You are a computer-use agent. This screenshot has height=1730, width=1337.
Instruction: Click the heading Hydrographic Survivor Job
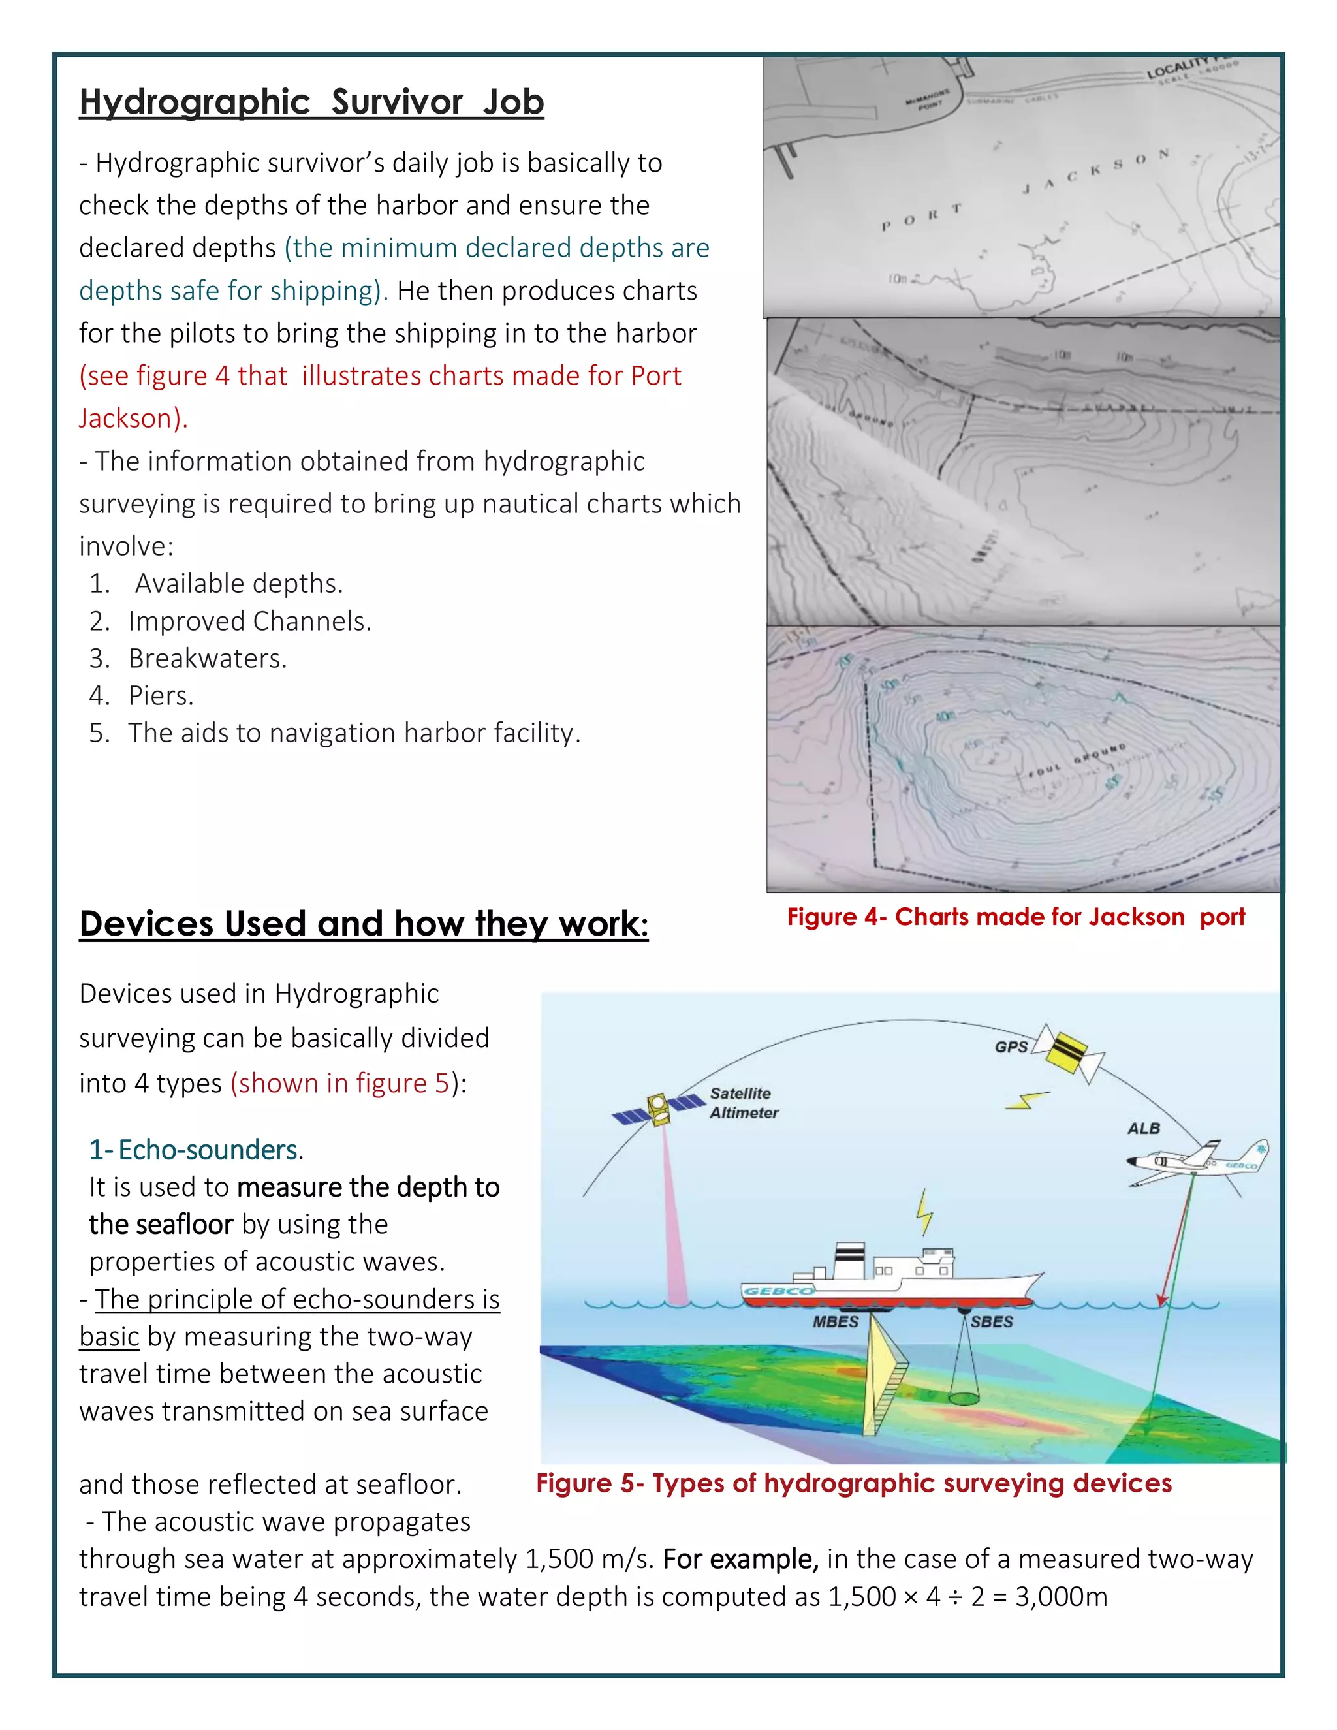pos(311,102)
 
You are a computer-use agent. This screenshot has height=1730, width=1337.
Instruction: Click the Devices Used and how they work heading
pos(364,924)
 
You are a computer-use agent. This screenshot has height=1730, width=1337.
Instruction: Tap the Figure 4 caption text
pos(1015,917)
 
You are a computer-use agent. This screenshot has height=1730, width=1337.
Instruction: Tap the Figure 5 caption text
pos(853,1483)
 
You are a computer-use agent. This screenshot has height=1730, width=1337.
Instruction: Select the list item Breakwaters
pos(208,658)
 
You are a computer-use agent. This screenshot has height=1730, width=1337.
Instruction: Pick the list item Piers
pos(161,695)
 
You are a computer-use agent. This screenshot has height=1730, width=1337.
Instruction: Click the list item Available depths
pos(238,583)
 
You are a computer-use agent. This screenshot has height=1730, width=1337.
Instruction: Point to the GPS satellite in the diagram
pos(1074,1052)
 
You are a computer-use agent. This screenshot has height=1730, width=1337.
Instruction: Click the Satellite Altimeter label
pos(743,1103)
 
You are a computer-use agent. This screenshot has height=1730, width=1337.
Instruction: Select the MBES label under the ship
pos(835,1321)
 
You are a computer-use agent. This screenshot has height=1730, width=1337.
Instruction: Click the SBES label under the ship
pos(992,1321)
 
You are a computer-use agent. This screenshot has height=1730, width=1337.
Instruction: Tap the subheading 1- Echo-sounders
pos(196,1150)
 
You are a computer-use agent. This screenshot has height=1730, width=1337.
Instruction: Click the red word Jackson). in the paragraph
pos(133,418)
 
